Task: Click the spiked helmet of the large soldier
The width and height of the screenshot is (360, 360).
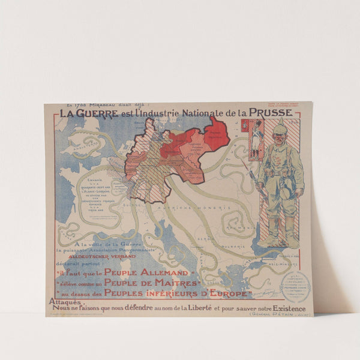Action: click(280, 125)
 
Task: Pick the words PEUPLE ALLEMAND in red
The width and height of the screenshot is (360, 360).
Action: click(134, 272)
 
